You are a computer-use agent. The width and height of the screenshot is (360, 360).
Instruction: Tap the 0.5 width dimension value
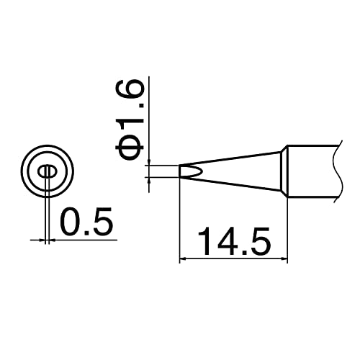(87, 223)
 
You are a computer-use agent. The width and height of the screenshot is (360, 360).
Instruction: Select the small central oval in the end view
(47, 171)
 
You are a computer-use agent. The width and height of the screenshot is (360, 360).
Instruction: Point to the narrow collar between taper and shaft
(284, 171)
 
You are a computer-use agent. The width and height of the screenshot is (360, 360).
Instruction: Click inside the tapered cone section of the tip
(238, 171)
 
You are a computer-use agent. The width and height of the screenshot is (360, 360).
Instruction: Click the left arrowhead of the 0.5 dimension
(40, 238)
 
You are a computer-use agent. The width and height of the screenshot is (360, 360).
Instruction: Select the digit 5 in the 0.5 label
(103, 223)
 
